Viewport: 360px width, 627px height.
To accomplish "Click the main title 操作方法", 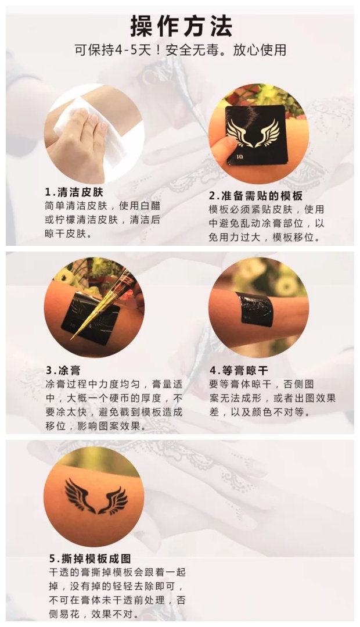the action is [x=181, y=26].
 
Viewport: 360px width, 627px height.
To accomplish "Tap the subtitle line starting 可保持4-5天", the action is [x=181, y=50].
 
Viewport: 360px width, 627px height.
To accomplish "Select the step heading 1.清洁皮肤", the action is [x=74, y=192].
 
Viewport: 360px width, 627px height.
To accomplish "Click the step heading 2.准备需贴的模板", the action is [x=255, y=196].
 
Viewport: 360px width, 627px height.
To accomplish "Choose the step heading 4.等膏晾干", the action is [x=239, y=370].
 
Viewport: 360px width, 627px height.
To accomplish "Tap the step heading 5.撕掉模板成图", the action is [x=90, y=558].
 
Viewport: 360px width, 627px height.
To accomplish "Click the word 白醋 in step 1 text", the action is [x=150, y=206].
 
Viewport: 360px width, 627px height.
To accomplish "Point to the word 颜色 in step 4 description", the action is [x=261, y=412].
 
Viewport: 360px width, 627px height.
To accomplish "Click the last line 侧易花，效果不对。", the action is [x=94, y=614].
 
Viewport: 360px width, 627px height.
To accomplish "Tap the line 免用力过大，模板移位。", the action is [x=265, y=237].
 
